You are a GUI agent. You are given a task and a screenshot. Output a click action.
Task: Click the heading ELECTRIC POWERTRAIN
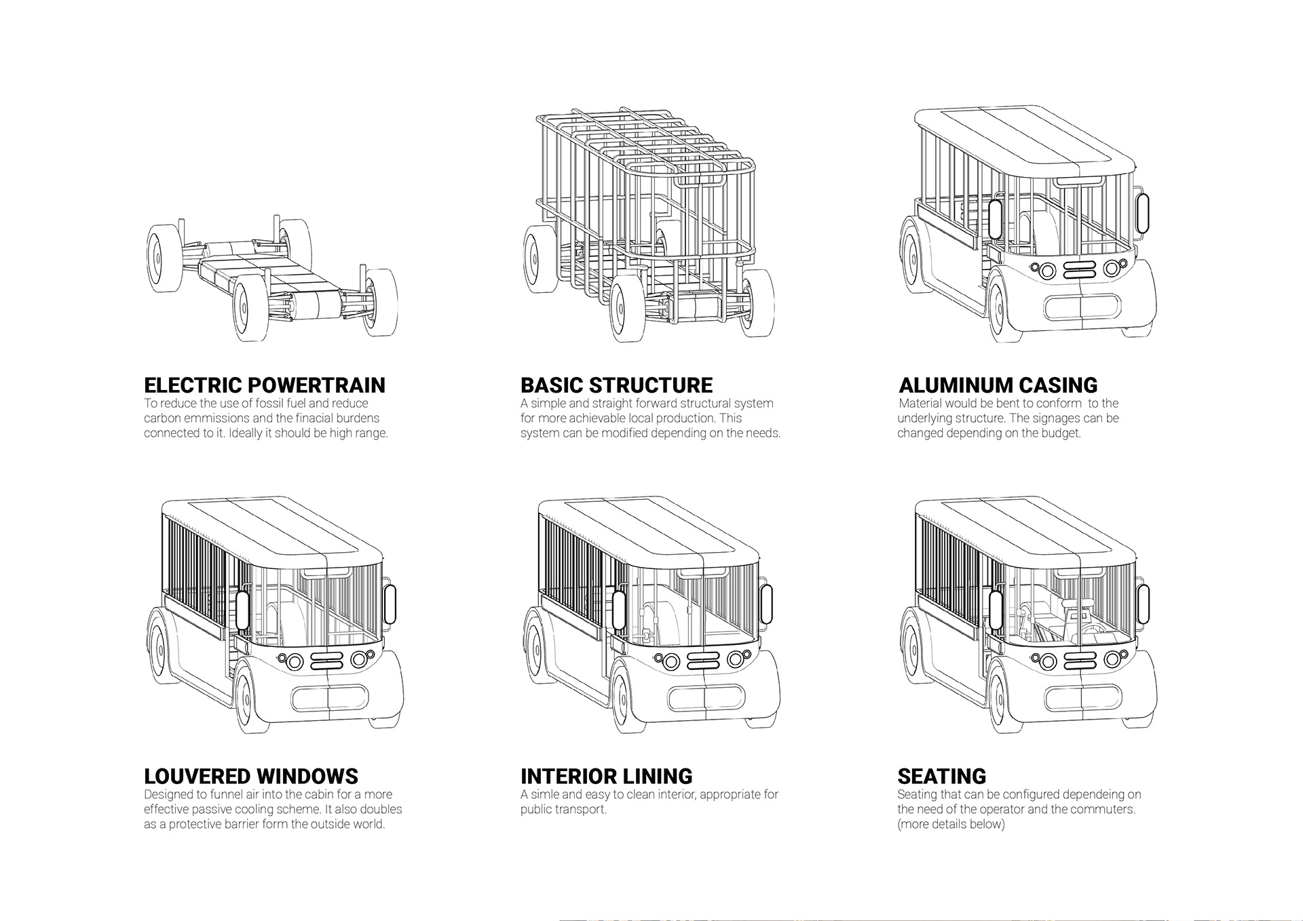(x=264, y=385)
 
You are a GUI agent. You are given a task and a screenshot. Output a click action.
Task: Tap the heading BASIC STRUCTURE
(x=616, y=385)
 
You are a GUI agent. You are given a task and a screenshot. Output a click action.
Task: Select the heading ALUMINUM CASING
(x=998, y=385)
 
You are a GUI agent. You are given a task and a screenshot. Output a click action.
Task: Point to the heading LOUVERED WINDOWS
(x=251, y=776)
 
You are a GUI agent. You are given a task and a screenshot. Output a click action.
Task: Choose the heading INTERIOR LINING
(x=606, y=776)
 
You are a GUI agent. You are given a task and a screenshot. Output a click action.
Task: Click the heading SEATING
(x=941, y=776)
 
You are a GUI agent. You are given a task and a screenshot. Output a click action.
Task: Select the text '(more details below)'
(x=951, y=825)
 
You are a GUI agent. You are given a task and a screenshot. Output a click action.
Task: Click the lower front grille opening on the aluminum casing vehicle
(x=1080, y=307)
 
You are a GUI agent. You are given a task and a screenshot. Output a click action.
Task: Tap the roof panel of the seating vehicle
(x=1025, y=532)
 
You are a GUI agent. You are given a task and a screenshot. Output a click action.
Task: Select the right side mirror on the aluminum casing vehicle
(x=1142, y=214)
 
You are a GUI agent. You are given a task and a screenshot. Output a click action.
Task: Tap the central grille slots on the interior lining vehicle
(x=702, y=659)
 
